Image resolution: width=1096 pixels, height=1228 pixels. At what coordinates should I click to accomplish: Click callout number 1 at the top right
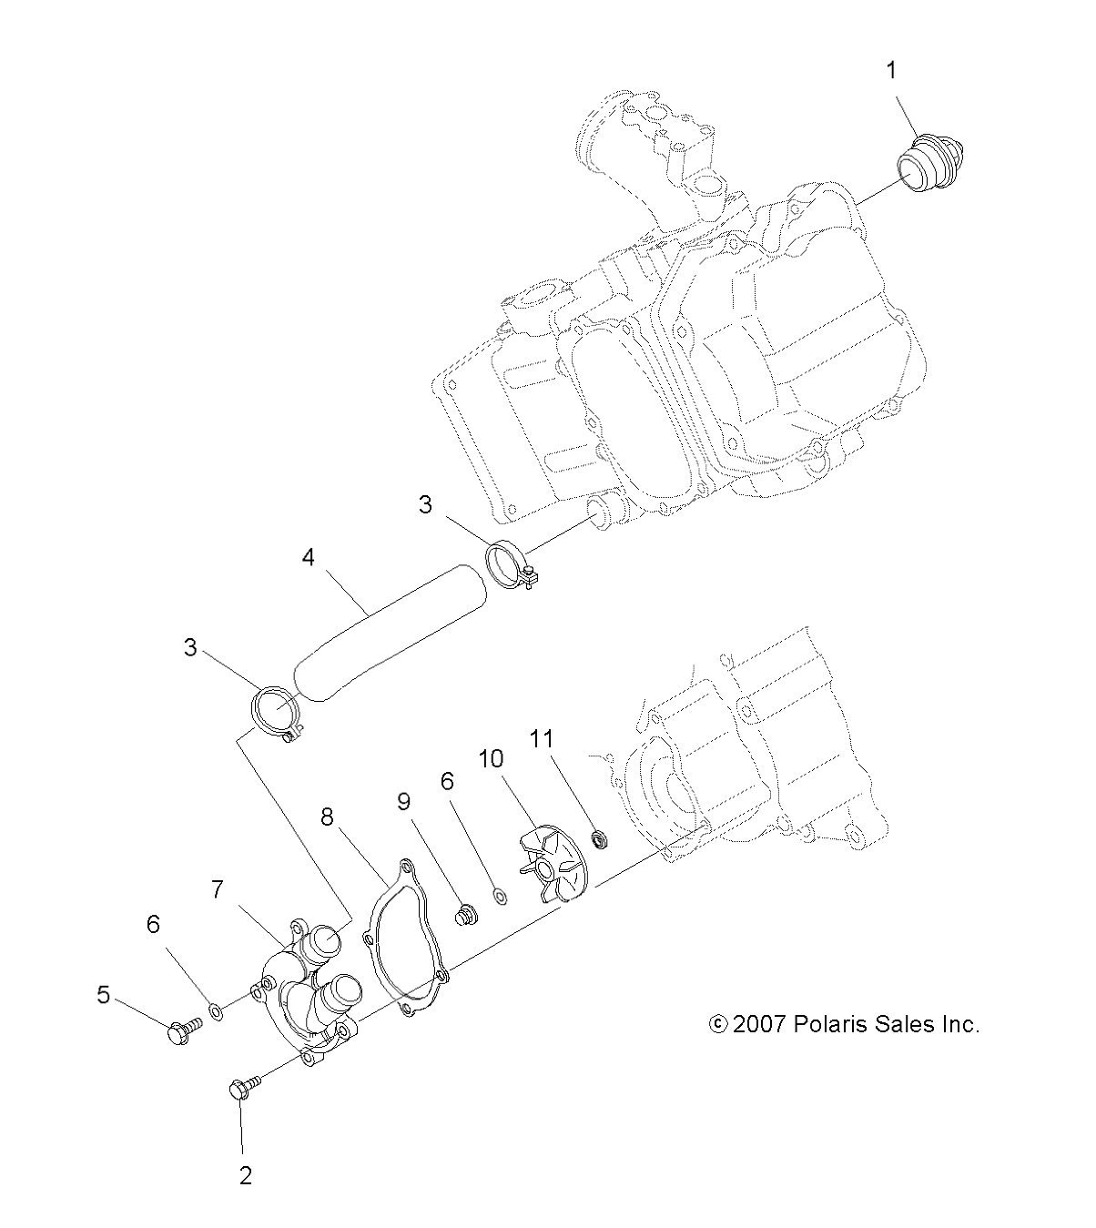point(892,69)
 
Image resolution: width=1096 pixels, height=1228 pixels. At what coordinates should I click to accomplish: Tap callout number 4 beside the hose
point(309,557)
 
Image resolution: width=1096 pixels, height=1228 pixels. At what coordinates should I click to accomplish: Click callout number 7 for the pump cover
point(218,889)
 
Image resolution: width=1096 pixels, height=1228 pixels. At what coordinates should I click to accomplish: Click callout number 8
point(326,818)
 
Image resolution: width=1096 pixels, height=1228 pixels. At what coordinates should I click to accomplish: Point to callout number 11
point(543,738)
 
